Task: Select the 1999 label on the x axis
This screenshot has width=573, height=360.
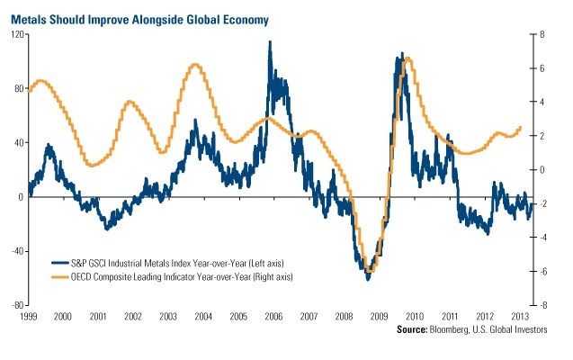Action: [29, 318]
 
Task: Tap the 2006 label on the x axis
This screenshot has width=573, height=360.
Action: [273, 318]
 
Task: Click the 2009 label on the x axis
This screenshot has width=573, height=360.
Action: [378, 318]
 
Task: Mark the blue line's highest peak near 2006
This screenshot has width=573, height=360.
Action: [270, 42]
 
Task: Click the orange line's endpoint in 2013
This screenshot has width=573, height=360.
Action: [520, 128]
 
